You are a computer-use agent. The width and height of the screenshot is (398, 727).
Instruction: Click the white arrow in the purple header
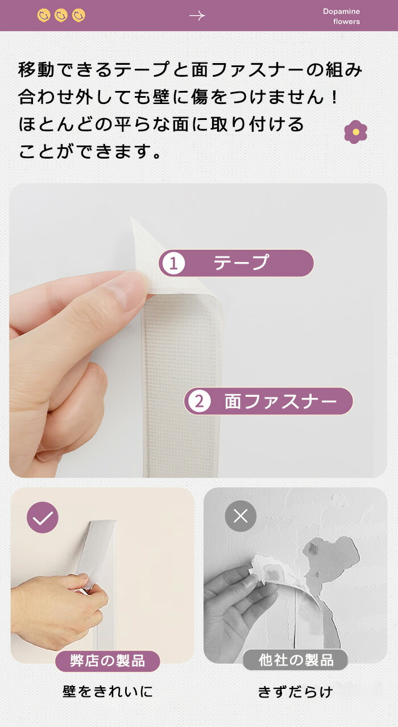[197, 15]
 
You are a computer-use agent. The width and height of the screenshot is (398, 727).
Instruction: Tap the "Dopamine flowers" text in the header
[341, 16]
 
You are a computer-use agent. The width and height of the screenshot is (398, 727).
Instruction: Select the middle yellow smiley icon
[61, 15]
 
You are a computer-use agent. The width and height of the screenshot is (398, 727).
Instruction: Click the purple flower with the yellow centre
[356, 132]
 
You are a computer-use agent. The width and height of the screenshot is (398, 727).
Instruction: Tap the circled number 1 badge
[173, 263]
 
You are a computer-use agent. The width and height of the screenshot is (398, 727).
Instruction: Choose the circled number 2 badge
[199, 401]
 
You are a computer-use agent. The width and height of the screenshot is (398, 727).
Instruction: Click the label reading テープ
[241, 263]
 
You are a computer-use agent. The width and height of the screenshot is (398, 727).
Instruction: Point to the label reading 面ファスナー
[280, 401]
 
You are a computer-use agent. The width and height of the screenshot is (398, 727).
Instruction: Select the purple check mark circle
[43, 517]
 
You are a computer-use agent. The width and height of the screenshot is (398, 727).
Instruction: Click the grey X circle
[241, 516]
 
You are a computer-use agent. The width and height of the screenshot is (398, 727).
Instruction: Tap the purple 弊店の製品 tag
[107, 661]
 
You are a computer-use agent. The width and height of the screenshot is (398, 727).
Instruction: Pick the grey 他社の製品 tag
[296, 660]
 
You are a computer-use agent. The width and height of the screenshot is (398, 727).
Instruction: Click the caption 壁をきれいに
[107, 692]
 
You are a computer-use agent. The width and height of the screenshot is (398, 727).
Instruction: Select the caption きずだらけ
[296, 692]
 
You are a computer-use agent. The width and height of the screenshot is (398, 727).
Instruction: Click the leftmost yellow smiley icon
[44, 15]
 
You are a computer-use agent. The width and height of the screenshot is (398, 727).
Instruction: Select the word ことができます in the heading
[90, 151]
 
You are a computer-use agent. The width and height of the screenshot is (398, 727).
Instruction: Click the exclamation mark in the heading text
[335, 97]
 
